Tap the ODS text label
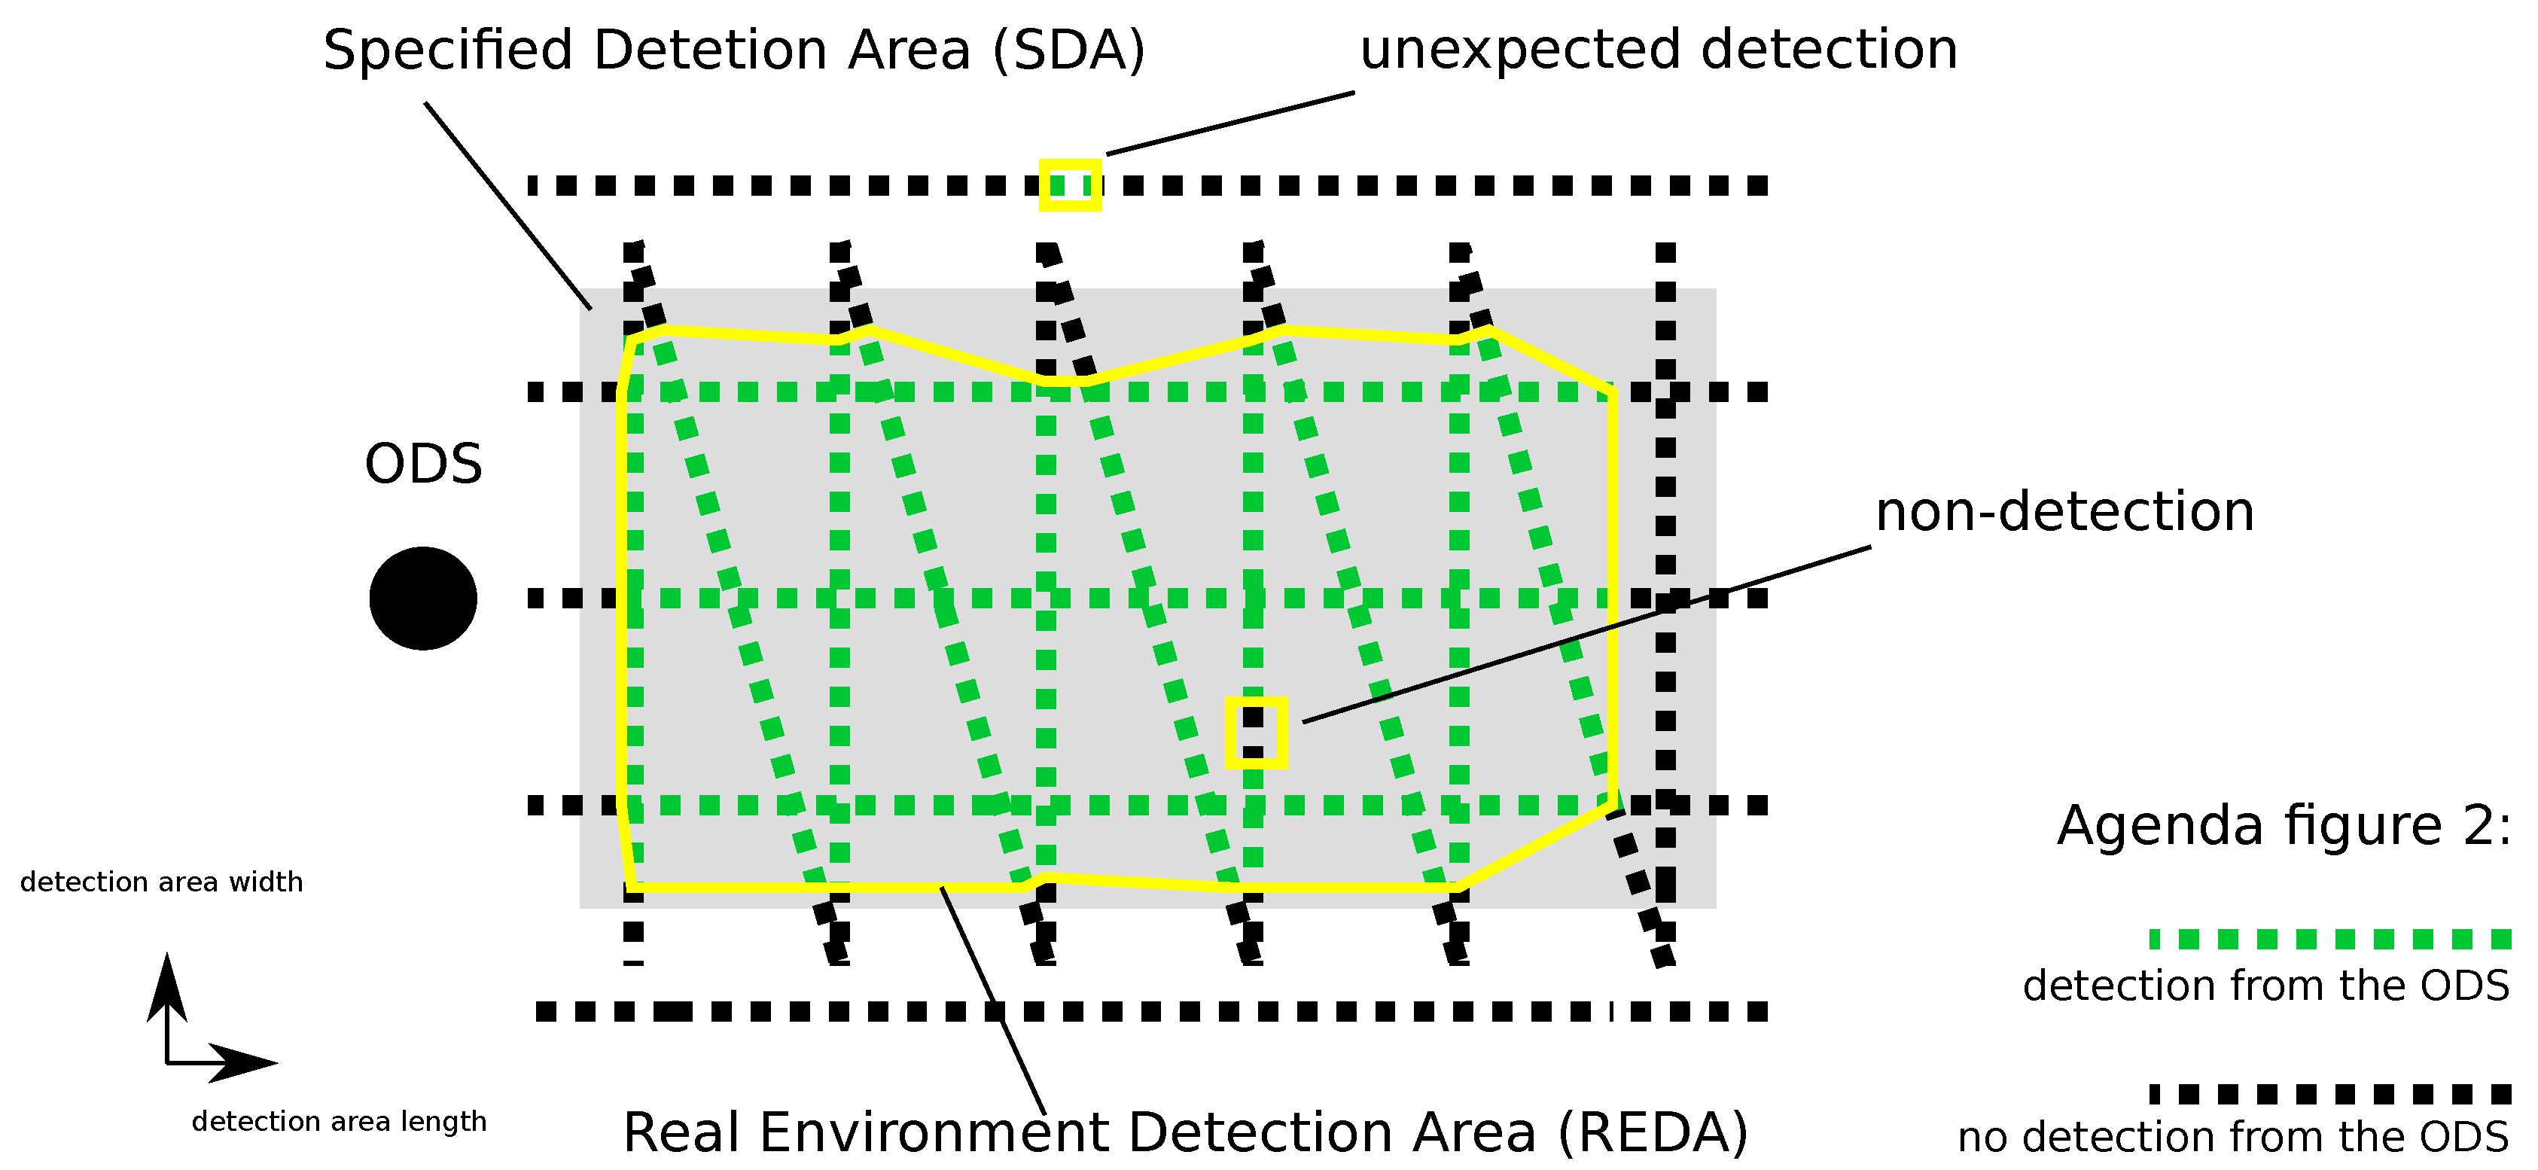pos(424,464)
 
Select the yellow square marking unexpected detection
pos(1070,185)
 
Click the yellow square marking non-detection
pos(1256,732)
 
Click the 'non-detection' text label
pos(2064,511)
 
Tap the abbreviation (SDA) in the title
pos(1069,50)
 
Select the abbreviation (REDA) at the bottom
pos(1653,1132)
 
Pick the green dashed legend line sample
pos(2330,939)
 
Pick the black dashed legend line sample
pos(2330,1094)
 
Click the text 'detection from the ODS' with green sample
pos(2265,986)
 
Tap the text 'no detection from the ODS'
pos(2232,1138)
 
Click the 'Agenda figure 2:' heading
pos(2284,825)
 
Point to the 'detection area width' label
pos(162,882)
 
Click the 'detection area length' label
pos(339,1121)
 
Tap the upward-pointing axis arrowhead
pos(166,985)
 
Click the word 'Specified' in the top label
pos(447,50)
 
